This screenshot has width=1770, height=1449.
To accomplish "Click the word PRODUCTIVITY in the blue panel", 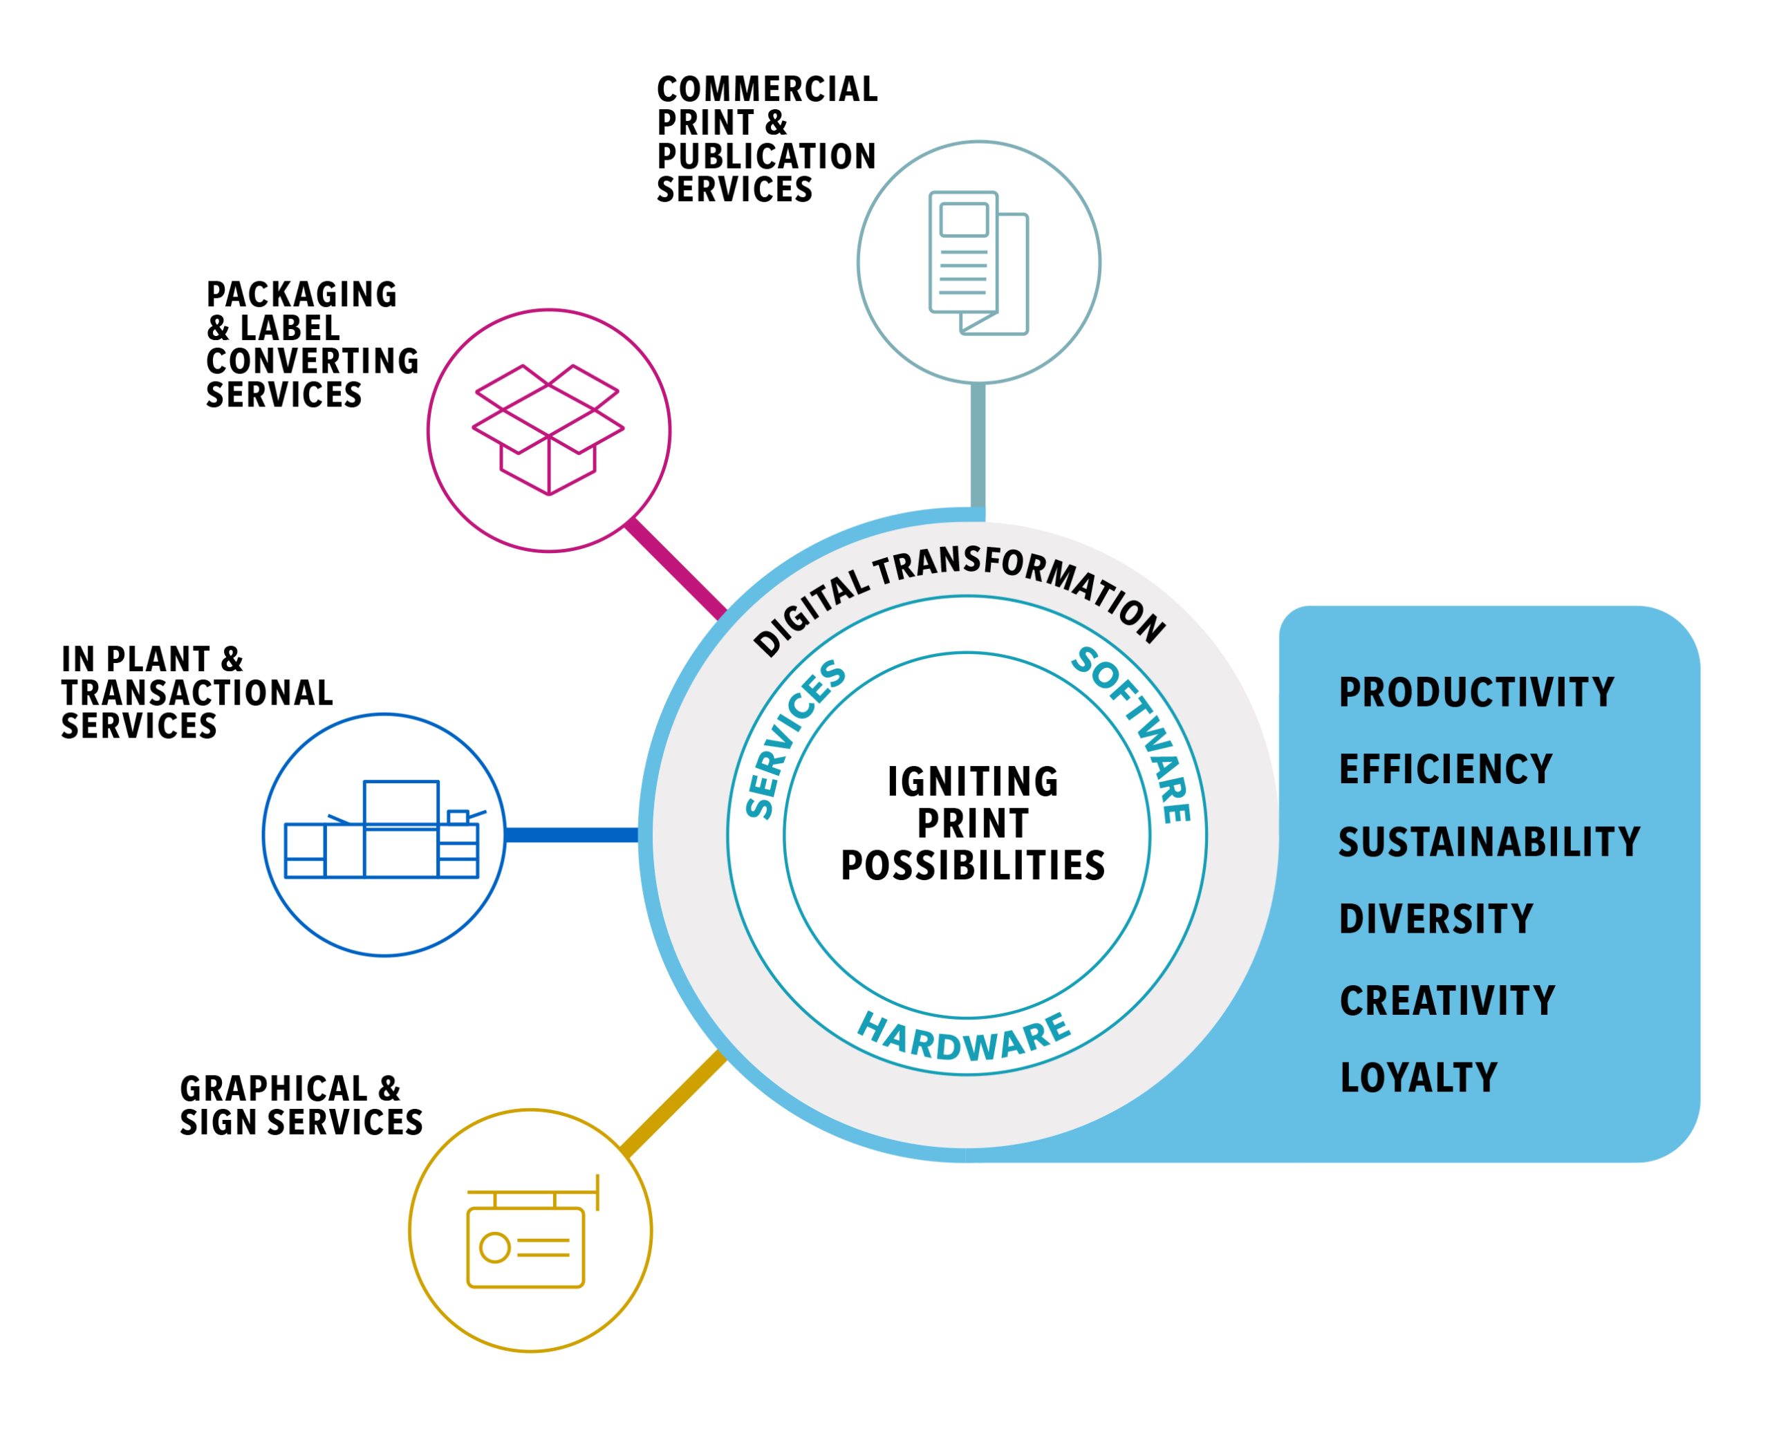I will pyautogui.click(x=1475, y=693).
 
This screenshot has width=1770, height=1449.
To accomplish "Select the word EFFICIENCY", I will pyautogui.click(x=1445, y=769).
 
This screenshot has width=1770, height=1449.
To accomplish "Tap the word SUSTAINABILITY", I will pyautogui.click(x=1489, y=842).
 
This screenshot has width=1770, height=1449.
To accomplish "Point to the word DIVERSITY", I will pyautogui.click(x=1436, y=919).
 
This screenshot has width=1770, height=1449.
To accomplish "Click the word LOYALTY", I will pyautogui.click(x=1419, y=1078).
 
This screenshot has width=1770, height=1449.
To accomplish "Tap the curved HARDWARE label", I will pyautogui.click(x=965, y=1038).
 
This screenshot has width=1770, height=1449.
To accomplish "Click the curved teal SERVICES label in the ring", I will pyautogui.click(x=792, y=740).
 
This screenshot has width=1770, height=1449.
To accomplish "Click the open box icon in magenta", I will pyautogui.click(x=548, y=429).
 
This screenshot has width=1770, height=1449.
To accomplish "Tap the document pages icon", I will pyautogui.click(x=978, y=263).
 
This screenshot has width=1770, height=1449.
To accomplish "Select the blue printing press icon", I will pyautogui.click(x=383, y=830).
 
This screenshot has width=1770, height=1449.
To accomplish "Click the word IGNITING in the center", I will pyautogui.click(x=973, y=782).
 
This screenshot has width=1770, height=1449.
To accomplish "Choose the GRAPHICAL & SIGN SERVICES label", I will pyautogui.click(x=301, y=1106).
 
